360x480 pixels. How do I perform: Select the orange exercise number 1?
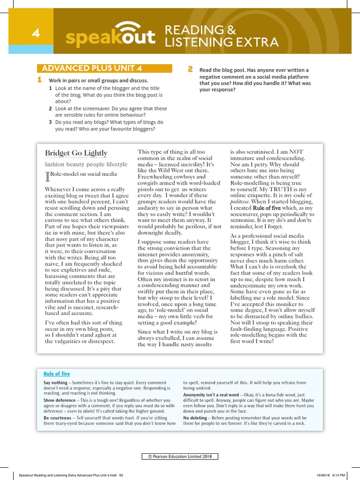pos(40,80)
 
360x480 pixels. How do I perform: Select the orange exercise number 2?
pos(190,69)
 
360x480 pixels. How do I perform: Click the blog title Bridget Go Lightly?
pos(76,153)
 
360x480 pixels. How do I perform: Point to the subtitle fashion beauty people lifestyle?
pos(86,165)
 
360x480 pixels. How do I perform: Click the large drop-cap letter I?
pos(47,176)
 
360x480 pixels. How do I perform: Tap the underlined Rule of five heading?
pos(56,374)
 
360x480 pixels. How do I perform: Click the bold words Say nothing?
pos(55,382)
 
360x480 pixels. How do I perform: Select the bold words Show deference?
pos(60,400)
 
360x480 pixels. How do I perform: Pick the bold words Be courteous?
pos(57,418)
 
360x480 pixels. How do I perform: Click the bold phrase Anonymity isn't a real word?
pos(211,395)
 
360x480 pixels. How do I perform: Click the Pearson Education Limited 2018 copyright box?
pos(180,457)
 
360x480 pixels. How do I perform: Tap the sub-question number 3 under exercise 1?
pos(50,122)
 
